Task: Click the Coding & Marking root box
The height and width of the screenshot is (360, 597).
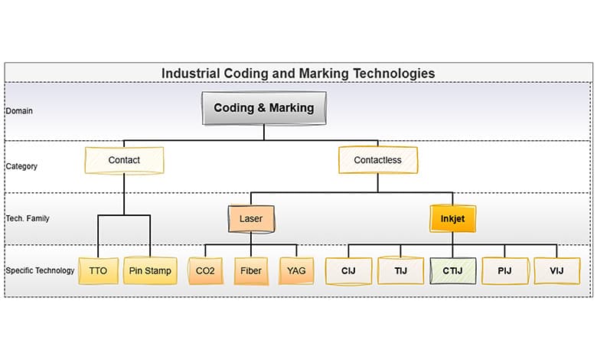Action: (264, 108)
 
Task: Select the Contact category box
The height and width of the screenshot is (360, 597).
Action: (124, 160)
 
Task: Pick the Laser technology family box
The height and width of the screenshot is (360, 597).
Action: (251, 218)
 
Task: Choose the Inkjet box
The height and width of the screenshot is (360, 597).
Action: (452, 218)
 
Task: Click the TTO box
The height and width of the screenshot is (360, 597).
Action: (98, 270)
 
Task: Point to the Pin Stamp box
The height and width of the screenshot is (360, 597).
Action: (150, 270)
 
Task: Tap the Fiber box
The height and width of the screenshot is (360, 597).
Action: (251, 270)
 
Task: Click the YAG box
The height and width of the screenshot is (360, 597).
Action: (296, 270)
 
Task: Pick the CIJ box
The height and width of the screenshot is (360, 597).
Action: (348, 270)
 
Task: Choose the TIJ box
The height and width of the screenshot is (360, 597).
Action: (400, 270)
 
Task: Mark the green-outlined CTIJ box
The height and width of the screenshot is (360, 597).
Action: (452, 270)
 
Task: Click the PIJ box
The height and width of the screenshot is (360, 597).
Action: (504, 270)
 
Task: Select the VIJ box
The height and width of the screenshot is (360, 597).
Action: (556, 270)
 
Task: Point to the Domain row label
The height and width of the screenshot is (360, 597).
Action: (19, 111)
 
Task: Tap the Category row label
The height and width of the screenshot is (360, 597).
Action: (21, 166)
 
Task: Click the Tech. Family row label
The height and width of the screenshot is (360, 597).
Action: (28, 218)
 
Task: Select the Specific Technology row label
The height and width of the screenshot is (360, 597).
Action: (40, 270)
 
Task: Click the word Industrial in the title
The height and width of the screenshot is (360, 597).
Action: (190, 74)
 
